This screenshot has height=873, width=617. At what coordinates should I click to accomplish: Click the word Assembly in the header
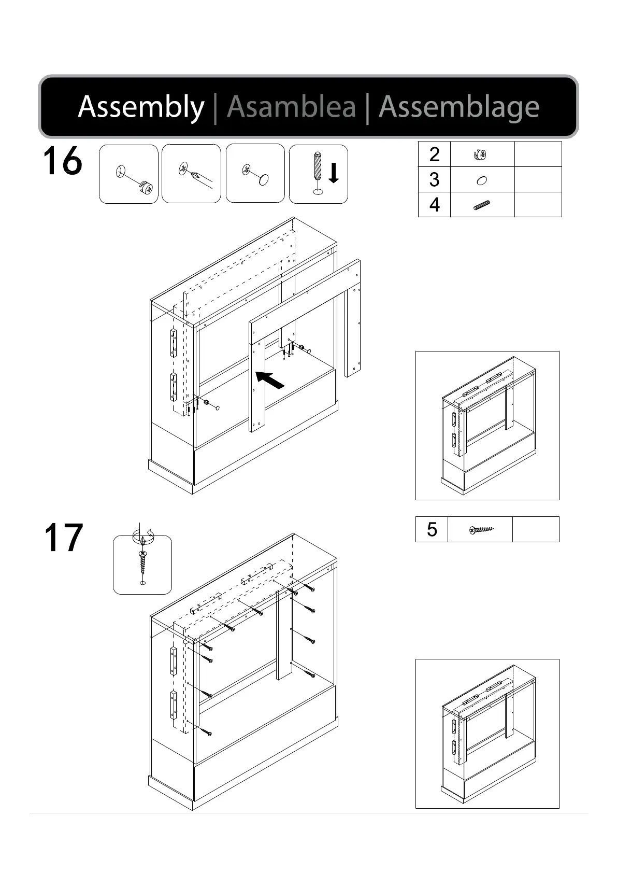(141, 107)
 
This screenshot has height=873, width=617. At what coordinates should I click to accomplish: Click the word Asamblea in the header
(291, 107)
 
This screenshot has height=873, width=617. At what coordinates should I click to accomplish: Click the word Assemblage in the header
(459, 107)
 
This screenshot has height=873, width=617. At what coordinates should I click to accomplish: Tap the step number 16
(62, 161)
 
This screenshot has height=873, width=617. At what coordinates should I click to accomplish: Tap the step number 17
(63, 538)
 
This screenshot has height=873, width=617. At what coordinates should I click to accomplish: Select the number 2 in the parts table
(434, 154)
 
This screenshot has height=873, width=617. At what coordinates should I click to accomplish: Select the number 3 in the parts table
(434, 179)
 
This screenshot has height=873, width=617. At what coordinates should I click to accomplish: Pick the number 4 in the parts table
(434, 205)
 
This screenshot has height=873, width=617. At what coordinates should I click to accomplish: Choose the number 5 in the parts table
(432, 529)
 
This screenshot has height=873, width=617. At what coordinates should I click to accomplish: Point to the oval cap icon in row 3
(482, 180)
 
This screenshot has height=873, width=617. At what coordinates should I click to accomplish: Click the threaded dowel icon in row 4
(482, 205)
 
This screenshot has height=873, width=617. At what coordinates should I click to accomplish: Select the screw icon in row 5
(481, 530)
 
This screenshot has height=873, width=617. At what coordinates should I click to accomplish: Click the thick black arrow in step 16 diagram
(270, 379)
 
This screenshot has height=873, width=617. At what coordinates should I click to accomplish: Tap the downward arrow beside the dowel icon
(334, 173)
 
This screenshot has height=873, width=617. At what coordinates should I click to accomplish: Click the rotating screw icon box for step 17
(142, 565)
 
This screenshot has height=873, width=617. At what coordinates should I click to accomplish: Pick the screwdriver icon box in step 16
(191, 174)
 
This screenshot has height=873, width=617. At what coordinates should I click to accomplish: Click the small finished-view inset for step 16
(487, 425)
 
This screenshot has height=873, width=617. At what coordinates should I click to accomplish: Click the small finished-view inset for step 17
(487, 734)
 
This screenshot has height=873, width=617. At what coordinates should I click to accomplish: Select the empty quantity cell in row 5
(536, 529)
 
